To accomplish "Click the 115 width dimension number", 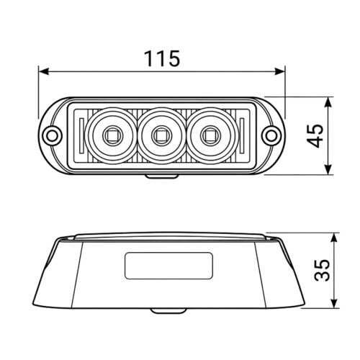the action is point(162,58).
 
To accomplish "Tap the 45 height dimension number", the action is point(315,135).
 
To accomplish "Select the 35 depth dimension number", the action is point(322,270).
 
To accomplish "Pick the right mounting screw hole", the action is point(271,136).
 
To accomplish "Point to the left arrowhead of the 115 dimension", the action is point(44,71).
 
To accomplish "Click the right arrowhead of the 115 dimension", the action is point(280,71).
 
